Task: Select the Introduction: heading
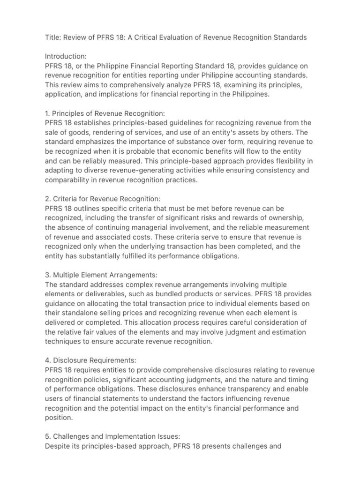point(66,57)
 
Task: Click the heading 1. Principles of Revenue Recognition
point(102,113)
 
